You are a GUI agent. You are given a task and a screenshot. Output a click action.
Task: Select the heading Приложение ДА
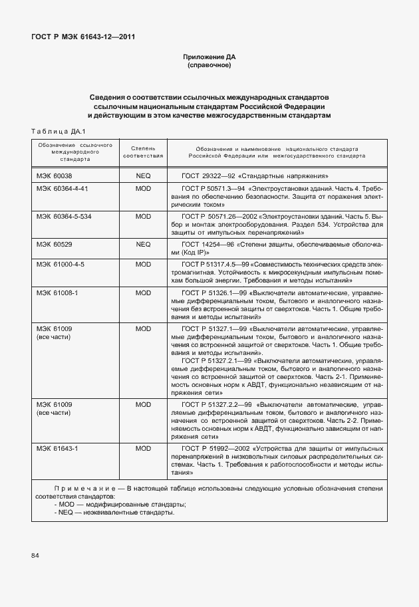(x=209, y=58)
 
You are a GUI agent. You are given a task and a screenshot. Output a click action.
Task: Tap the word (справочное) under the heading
(x=209, y=66)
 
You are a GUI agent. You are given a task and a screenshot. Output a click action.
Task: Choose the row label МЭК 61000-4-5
(x=61, y=264)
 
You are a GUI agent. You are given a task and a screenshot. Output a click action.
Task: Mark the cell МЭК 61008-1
(x=57, y=292)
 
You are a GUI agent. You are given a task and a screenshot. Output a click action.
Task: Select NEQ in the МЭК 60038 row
(x=143, y=176)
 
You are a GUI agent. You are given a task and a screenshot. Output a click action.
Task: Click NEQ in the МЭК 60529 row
(x=143, y=245)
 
